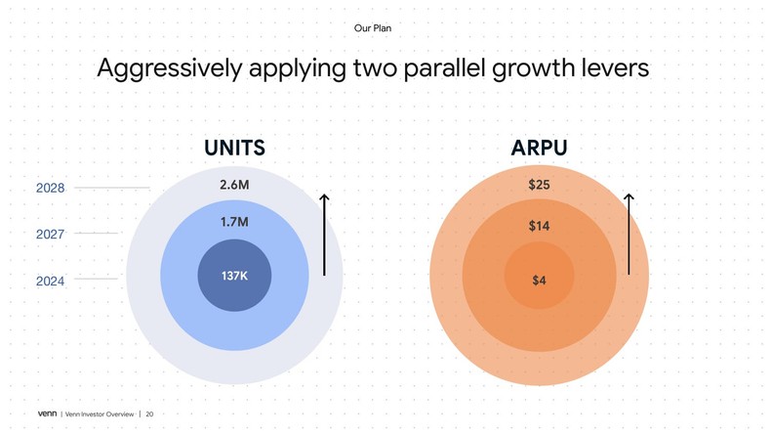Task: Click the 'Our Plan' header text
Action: (372, 28)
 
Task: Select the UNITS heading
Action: (234, 149)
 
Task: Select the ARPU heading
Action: (539, 149)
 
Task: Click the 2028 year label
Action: (51, 188)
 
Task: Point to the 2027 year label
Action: (51, 234)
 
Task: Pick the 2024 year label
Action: (51, 281)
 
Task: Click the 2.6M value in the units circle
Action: (234, 185)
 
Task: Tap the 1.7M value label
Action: (234, 222)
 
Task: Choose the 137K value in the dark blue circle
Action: (234, 276)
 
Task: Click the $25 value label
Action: (539, 185)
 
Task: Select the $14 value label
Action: (539, 226)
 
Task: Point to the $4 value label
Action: (539, 281)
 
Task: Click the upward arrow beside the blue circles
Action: (324, 235)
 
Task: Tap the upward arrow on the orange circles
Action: (629, 235)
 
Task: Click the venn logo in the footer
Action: (47, 414)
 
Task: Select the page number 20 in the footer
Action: (149, 414)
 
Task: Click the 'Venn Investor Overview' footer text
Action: (99, 414)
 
